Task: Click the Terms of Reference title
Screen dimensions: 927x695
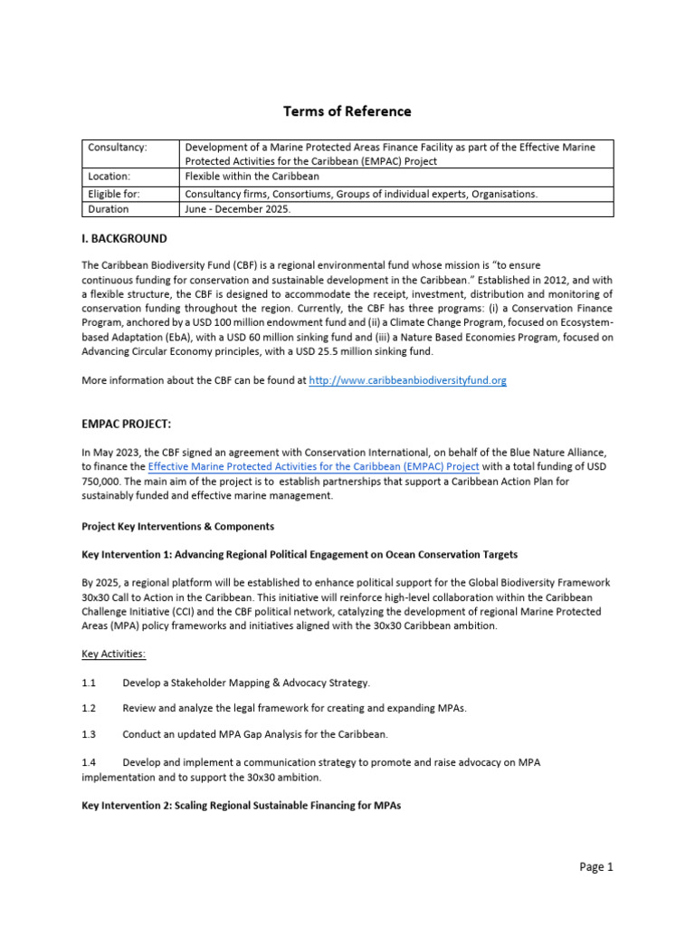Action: click(x=347, y=111)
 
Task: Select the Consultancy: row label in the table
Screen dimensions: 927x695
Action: click(x=118, y=147)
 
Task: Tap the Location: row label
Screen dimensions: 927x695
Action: click(x=109, y=177)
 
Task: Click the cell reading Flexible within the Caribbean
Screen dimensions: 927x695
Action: click(x=252, y=177)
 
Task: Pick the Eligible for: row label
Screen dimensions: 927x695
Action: click(x=114, y=194)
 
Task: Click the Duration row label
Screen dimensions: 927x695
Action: click(x=108, y=209)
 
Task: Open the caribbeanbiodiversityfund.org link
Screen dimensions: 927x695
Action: click(x=407, y=381)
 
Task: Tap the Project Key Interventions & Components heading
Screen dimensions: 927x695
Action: click(x=177, y=526)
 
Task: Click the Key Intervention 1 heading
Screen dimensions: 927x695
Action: click(x=300, y=554)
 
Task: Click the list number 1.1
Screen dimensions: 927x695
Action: click(x=89, y=682)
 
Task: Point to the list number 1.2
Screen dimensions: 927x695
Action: click(x=89, y=708)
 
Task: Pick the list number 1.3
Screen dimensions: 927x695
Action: click(x=89, y=733)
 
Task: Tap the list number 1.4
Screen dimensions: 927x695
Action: click(x=89, y=762)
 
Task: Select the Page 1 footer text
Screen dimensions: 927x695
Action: click(x=596, y=867)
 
